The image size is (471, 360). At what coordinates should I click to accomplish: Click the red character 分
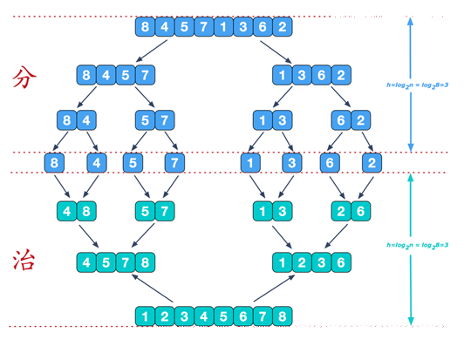pyautogui.click(x=24, y=78)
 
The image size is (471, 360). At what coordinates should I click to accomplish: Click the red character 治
pyautogui.click(x=24, y=260)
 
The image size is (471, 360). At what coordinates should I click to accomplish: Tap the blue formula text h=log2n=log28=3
pyautogui.click(x=417, y=85)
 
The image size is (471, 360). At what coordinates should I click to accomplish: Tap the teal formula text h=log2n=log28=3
pyautogui.click(x=417, y=245)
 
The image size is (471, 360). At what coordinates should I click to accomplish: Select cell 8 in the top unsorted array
pyautogui.click(x=145, y=27)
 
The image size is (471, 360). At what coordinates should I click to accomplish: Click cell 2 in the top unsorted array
pyautogui.click(x=282, y=27)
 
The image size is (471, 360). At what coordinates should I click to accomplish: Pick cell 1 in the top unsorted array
pyautogui.click(x=223, y=27)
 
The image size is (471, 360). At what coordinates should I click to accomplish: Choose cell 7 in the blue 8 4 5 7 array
pyautogui.click(x=146, y=75)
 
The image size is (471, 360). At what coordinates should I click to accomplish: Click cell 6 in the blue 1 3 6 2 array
pyautogui.click(x=321, y=75)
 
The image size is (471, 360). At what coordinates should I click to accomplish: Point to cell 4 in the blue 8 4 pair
pyautogui.click(x=86, y=120)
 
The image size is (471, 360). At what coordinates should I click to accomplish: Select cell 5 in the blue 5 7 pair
pyautogui.click(x=145, y=120)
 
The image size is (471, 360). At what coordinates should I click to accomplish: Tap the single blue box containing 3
pyautogui.click(x=292, y=163)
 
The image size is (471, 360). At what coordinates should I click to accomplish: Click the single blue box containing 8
pyautogui.click(x=54, y=163)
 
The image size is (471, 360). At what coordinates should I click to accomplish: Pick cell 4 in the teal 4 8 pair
pyautogui.click(x=66, y=211)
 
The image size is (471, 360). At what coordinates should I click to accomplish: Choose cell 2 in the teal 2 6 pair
pyautogui.click(x=341, y=211)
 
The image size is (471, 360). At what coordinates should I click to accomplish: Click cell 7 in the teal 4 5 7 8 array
pyautogui.click(x=126, y=262)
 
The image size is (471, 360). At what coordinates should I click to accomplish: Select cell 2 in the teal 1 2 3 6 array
pyautogui.click(x=302, y=262)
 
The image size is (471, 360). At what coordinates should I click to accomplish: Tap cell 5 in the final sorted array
pyautogui.click(x=223, y=316)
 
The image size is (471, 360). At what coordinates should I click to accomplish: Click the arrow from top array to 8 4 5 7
pyautogui.click(x=151, y=51)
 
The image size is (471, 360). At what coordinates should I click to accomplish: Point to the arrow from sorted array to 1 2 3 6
pyautogui.click(x=274, y=289)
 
